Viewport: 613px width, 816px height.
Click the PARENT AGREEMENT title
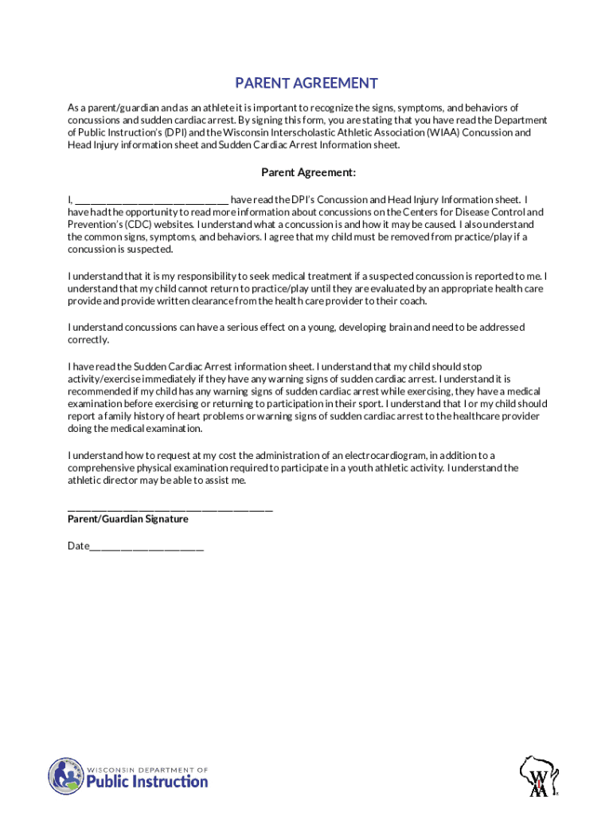306,84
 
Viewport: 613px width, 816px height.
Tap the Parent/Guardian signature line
170,507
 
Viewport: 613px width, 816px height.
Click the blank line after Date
147,547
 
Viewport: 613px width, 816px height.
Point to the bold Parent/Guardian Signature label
128,519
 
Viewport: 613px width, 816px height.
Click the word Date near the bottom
78,546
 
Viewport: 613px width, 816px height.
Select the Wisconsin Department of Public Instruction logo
128,775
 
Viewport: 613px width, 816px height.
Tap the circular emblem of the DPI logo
65,775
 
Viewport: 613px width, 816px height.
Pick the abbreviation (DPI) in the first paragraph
174,132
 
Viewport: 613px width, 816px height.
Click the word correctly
88,339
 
